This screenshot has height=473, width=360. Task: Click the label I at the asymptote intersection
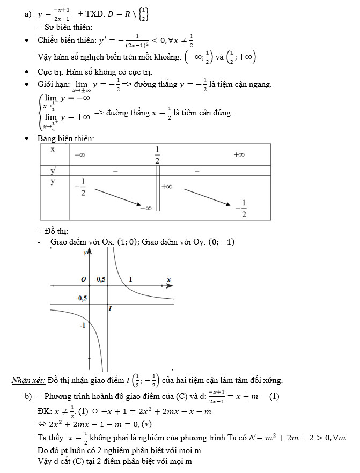110,308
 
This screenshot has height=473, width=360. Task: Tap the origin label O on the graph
83,279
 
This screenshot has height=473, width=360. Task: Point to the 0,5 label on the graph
101,279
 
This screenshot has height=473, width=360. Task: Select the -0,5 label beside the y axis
82,298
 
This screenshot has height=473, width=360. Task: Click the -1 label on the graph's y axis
83,326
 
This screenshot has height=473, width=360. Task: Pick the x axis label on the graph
168,279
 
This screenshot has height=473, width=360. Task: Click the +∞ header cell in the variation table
239,154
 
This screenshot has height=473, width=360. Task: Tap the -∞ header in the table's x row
79,154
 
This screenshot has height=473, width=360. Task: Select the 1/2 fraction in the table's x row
157,155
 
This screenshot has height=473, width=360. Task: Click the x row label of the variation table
53,149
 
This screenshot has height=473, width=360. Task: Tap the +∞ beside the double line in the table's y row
167,187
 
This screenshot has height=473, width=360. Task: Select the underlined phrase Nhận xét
28,381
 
